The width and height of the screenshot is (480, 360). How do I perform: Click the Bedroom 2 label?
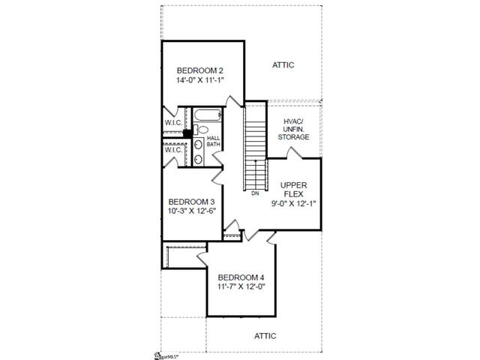200,70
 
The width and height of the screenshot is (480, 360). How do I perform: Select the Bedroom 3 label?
192,202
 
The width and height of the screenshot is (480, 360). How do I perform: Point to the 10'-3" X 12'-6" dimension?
192,211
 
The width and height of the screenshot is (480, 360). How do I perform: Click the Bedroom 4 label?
241,277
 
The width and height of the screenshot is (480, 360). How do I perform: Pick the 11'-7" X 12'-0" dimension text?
241,286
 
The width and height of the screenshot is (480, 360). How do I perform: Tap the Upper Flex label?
293,190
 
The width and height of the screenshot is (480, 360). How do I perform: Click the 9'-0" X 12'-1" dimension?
293,203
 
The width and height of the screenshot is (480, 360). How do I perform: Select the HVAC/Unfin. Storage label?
293,129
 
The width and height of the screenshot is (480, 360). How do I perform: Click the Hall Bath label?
213,141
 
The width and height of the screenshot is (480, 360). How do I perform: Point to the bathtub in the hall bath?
207,115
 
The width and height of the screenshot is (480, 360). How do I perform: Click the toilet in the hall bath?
200,129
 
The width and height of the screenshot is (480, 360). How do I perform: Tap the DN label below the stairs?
255,193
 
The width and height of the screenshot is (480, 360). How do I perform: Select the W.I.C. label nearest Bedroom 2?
173,123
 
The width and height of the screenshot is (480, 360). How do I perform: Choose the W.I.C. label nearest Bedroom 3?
173,150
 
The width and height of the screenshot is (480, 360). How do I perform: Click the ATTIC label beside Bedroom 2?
283,65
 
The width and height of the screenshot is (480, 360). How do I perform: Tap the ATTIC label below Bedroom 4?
265,336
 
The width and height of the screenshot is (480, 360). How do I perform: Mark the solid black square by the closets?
187,133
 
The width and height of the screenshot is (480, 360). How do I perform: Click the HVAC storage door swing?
294,153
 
